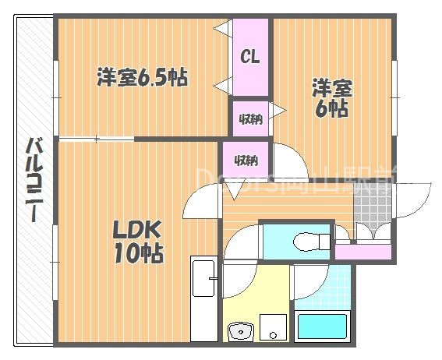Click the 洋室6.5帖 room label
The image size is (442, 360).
click(x=142, y=78)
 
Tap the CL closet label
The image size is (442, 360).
click(x=249, y=56)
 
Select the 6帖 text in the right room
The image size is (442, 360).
click(x=331, y=109)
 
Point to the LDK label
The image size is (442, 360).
click(x=136, y=230)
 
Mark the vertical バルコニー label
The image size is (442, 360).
click(x=34, y=179)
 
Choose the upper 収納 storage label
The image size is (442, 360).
click(x=249, y=119)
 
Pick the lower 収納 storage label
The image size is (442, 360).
click(x=246, y=161)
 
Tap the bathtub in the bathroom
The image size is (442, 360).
click(x=320, y=326)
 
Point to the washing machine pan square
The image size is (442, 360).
click(x=274, y=327)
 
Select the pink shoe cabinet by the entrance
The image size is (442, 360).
click(x=362, y=252)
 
